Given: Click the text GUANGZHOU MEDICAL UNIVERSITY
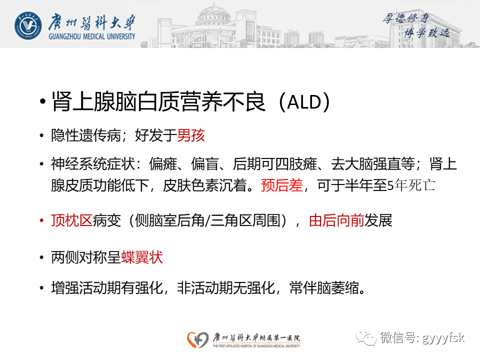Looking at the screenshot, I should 91,36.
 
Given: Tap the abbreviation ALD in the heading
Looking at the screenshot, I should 305,103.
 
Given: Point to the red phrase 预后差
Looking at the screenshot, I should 281,185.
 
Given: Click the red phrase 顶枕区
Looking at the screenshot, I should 71,221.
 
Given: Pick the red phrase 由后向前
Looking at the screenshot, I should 336,221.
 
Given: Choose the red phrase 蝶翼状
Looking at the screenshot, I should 142,258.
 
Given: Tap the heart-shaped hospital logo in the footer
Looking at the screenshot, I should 198,339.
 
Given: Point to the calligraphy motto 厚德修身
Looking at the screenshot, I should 405,19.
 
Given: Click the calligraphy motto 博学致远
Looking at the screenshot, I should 426,32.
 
